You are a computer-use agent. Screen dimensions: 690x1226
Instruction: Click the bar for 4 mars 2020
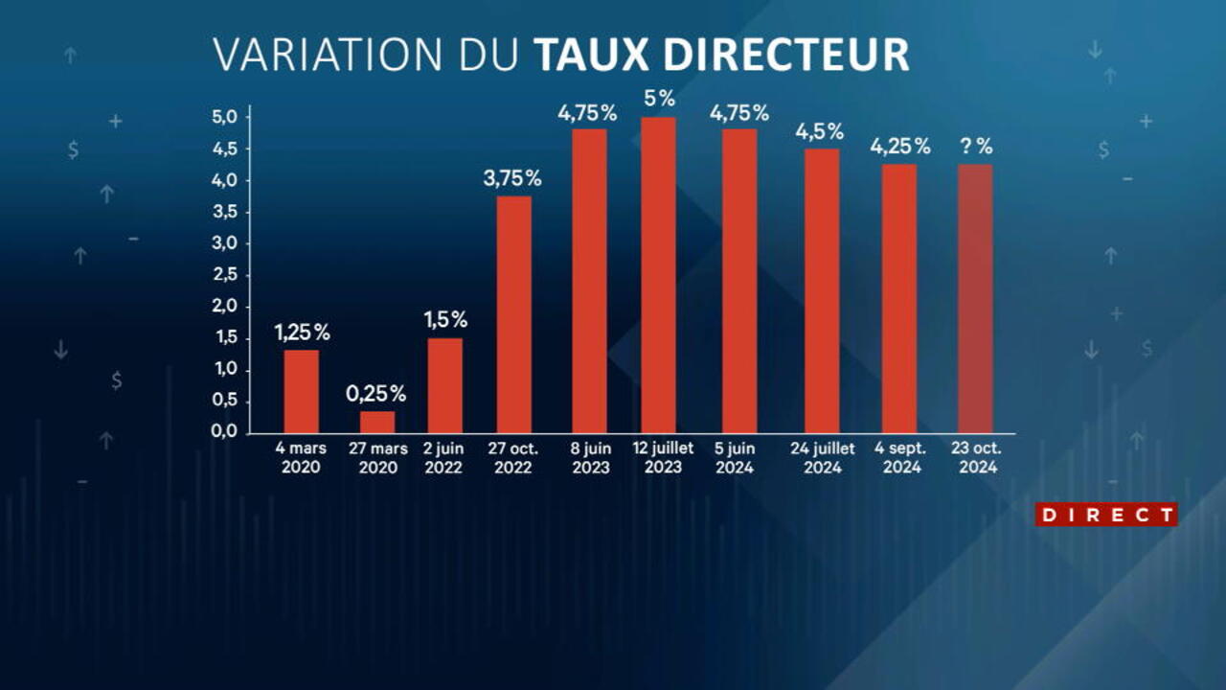[x=302, y=391]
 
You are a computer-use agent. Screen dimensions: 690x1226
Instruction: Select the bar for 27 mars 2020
[x=377, y=422]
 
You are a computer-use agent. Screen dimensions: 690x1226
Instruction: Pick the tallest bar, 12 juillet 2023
[x=658, y=275]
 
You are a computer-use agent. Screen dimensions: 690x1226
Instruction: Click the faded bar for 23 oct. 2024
[x=975, y=298]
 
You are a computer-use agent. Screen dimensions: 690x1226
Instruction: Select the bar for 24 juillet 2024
[x=822, y=290]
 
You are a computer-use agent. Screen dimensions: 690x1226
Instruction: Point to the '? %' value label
[x=976, y=148]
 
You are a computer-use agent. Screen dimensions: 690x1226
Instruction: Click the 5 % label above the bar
[x=660, y=99]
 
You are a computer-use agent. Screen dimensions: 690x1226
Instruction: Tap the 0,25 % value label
[x=376, y=393]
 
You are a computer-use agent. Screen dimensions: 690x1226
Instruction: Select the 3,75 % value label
[x=512, y=178]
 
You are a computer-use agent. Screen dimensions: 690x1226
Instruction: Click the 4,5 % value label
[x=820, y=131]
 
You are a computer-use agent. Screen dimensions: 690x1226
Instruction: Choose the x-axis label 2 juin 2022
[x=443, y=458]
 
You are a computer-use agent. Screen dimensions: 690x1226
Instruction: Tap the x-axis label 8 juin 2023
[x=590, y=458]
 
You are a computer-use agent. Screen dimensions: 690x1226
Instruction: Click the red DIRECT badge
[x=1106, y=515]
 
